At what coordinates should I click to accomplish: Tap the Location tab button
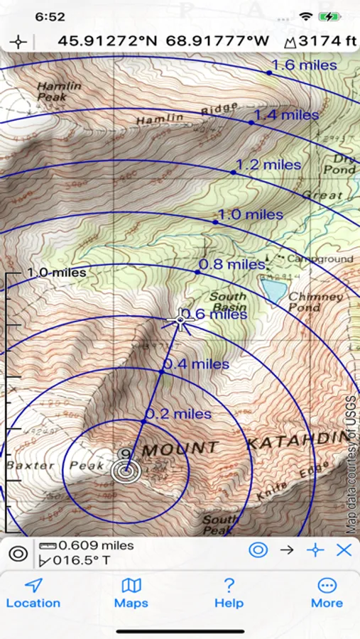click(33, 593)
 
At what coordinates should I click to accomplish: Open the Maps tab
click(131, 593)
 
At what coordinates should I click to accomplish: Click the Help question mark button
click(229, 593)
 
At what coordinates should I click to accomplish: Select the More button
click(327, 593)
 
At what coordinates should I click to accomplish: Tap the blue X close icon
click(344, 550)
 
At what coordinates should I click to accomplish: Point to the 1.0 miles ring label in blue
click(250, 214)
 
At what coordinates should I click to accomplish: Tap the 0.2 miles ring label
click(178, 413)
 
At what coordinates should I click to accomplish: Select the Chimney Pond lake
click(273, 288)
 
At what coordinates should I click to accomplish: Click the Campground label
click(320, 259)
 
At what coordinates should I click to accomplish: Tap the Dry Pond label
click(339, 165)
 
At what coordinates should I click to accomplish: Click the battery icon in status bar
click(329, 16)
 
